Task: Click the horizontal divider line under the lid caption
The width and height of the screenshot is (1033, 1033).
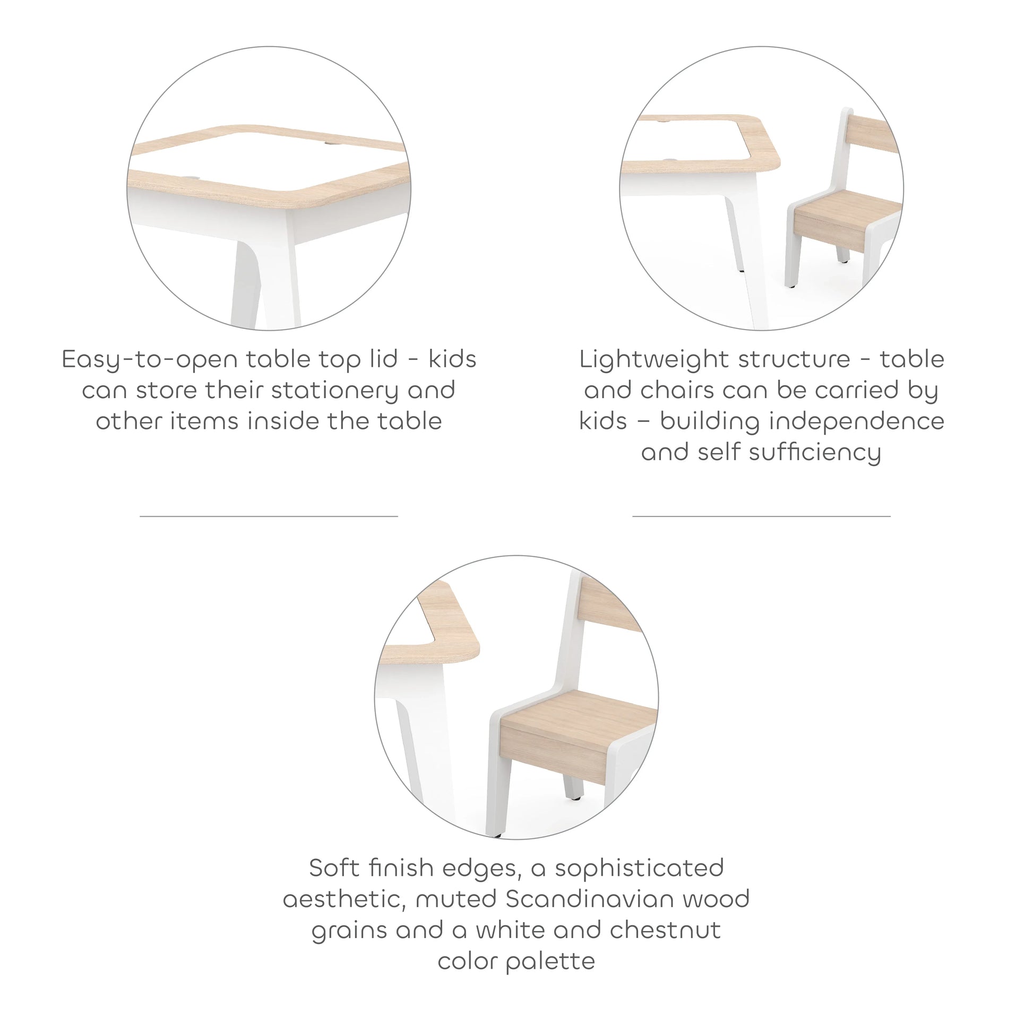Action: (269, 516)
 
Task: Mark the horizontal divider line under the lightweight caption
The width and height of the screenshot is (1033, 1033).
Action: (761, 516)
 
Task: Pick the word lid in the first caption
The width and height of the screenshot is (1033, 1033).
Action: (383, 359)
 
